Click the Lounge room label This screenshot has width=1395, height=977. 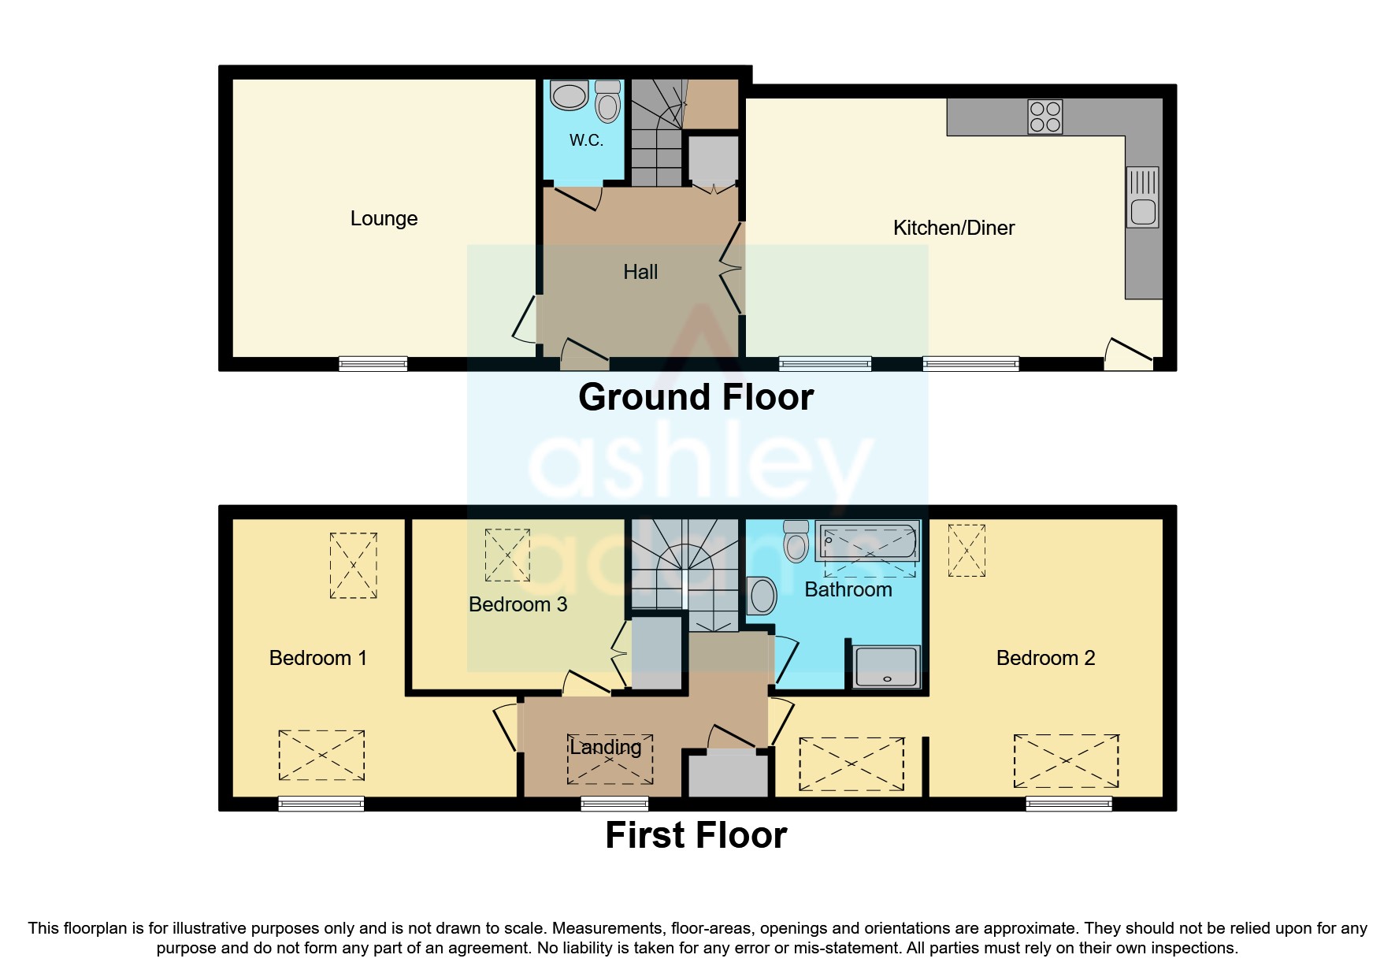384,218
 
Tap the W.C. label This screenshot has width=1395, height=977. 586,140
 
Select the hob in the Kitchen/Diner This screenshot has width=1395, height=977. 1045,117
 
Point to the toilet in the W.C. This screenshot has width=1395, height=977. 608,102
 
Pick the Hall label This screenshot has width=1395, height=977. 640,273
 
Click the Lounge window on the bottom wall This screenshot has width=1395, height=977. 373,363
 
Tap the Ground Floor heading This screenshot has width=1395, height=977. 696,397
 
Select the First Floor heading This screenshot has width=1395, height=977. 696,835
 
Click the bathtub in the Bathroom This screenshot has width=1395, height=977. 867,541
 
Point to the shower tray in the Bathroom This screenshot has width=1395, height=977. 887,667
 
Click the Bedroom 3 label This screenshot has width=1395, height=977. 518,604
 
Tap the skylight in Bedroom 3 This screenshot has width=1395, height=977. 507,555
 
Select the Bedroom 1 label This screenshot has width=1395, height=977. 317,658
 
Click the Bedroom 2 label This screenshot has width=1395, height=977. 1045,658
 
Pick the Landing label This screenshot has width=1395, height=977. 605,747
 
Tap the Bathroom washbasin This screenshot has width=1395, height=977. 762,596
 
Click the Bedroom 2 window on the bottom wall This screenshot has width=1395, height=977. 1068,804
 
